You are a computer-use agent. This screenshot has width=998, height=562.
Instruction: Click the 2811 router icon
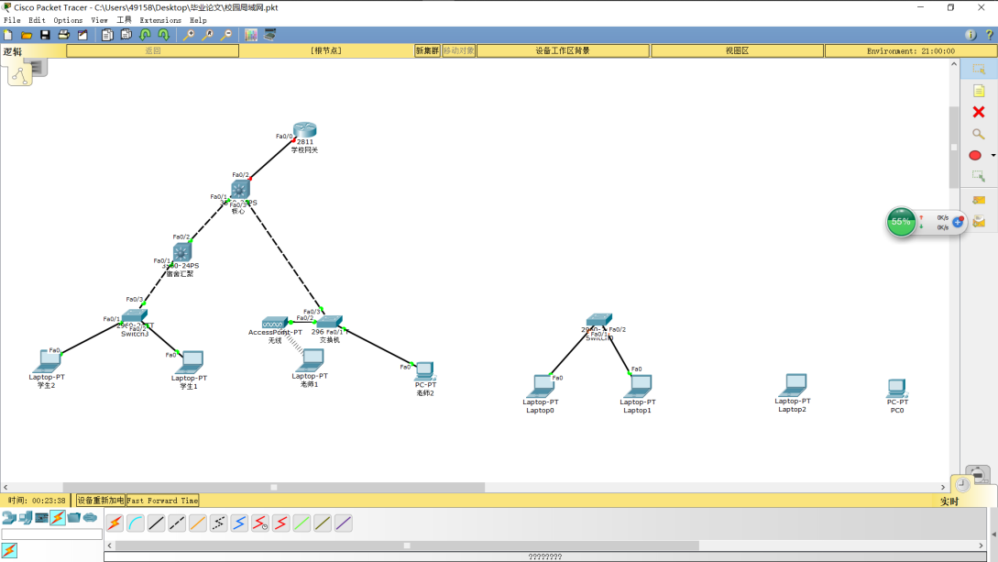304,130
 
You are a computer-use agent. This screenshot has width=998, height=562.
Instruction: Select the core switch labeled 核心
240,189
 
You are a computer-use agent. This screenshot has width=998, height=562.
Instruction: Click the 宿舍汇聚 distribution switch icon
182,251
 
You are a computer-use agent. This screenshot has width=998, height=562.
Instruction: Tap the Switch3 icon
135,317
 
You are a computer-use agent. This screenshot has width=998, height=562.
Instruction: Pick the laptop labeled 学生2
47,361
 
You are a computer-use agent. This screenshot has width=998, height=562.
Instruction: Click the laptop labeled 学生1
190,362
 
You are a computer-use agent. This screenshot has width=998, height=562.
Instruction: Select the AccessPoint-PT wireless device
274,323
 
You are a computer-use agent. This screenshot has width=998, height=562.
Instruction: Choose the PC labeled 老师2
424,371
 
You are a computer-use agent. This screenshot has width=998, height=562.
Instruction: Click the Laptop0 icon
541,386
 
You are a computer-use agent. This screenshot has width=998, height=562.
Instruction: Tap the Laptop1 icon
638,386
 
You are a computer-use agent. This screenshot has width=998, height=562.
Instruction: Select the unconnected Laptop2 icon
793,385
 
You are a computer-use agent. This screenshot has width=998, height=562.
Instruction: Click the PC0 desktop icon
896,388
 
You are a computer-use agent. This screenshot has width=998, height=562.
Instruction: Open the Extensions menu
160,20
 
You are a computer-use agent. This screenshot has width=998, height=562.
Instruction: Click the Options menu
68,20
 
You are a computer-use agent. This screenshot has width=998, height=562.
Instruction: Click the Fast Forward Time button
162,501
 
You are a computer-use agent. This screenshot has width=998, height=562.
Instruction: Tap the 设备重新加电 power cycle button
100,501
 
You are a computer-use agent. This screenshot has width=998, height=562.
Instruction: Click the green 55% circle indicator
902,222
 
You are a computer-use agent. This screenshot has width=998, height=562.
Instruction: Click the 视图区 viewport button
737,51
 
